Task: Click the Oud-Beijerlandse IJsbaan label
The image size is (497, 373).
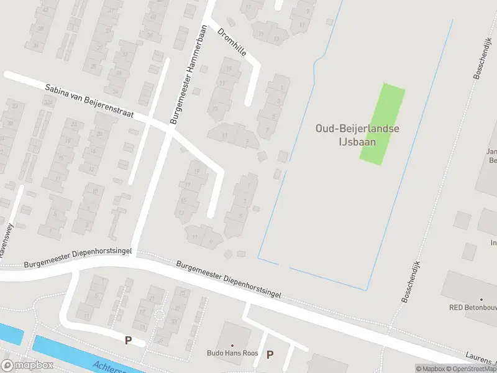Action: [x=357, y=135]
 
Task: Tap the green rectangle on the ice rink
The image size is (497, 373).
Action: [x=382, y=124]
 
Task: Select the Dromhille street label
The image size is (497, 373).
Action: [x=232, y=42]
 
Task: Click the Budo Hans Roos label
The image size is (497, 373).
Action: [x=232, y=353]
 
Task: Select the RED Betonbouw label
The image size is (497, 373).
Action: [x=473, y=307]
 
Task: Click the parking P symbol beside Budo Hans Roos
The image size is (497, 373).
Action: [x=270, y=355]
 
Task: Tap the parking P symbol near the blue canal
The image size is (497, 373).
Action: [x=128, y=340]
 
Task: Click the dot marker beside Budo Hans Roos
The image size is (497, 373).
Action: [x=232, y=345]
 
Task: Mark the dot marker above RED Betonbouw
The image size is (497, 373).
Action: [x=482, y=299]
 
